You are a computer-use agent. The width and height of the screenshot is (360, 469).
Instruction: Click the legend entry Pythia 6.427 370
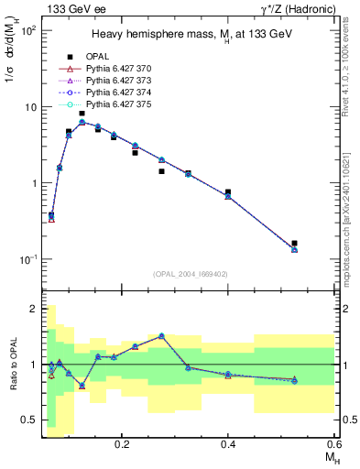pos(127,69)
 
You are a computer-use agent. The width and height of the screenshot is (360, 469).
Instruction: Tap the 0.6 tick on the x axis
pos(333,442)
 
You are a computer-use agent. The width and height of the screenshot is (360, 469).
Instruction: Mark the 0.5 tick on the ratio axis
pos(31,420)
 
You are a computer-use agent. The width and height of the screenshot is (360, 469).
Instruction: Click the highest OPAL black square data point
pos(82,114)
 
